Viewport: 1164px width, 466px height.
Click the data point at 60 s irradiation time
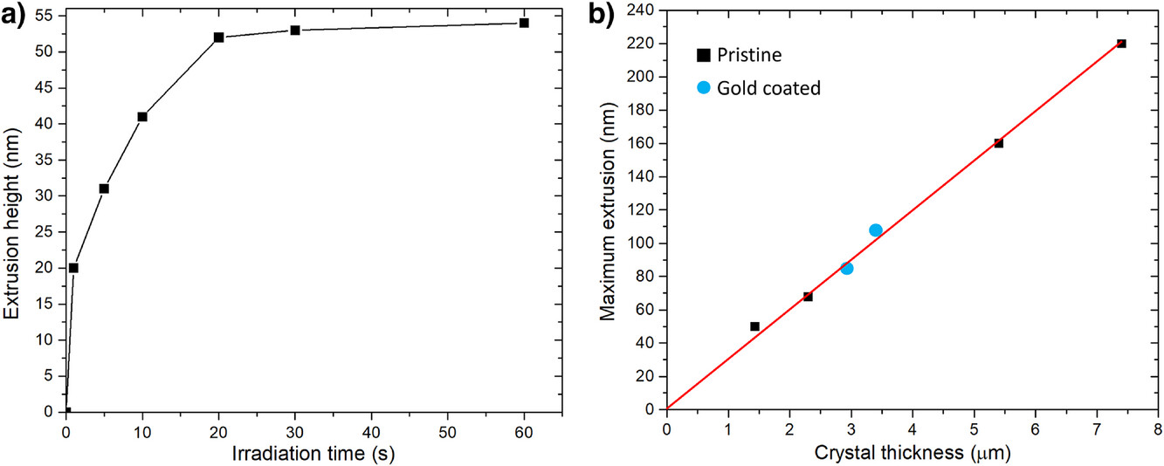[524, 23]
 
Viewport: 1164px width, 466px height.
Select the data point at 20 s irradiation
[218, 38]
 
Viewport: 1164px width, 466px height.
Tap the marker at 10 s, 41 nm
[142, 116]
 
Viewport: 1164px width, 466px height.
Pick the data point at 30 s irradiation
[295, 31]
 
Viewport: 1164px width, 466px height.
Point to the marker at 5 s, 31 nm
[104, 188]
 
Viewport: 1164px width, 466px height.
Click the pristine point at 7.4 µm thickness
[1121, 44]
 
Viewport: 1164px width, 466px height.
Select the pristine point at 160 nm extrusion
[998, 143]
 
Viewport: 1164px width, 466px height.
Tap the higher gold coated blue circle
[876, 230]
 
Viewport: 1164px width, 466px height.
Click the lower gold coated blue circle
[847, 269]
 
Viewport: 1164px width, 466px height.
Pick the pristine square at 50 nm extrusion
[754, 326]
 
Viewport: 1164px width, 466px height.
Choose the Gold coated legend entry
[758, 88]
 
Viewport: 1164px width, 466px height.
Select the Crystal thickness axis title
[911, 453]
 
